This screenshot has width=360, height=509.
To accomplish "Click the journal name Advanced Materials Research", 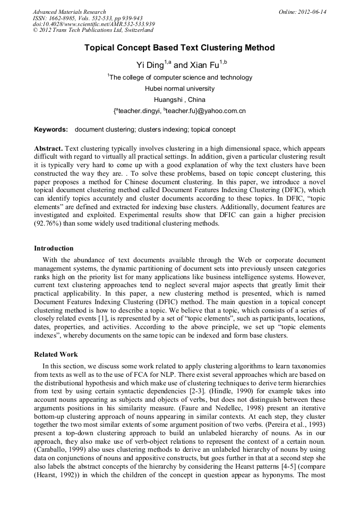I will coord(69,12).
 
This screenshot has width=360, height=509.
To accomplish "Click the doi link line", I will coord(93,24).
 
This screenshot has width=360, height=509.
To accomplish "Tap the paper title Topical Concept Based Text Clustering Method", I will coord(179,48).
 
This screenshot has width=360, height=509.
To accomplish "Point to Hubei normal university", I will coord(179,89).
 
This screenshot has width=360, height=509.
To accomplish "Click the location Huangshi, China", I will coord(179,100).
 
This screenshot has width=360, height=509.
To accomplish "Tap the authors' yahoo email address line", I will coord(179,111).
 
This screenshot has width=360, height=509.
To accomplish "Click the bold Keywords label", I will coord(51,130).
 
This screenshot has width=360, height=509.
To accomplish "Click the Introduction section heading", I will coord(54,248).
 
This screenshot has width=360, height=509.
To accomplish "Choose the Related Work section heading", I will coord(56,355).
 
